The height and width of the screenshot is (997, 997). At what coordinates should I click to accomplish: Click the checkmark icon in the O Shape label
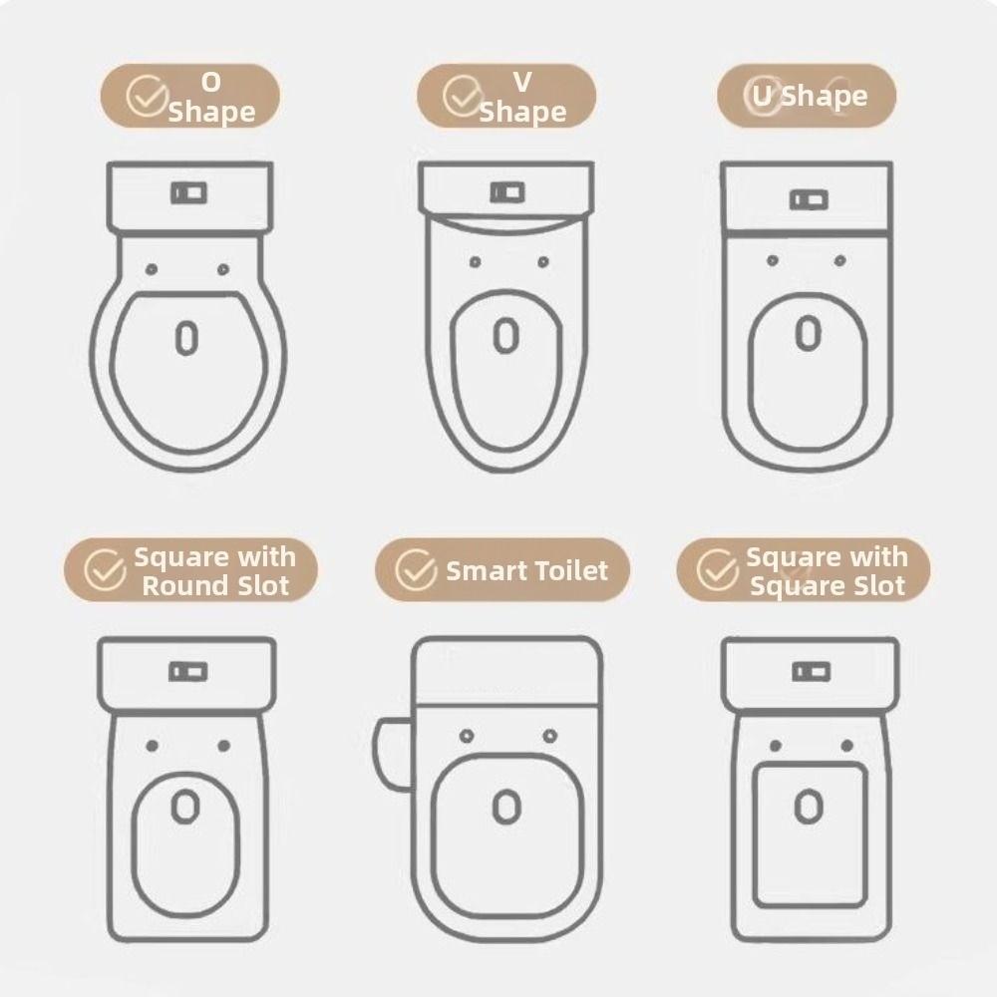pos(148,97)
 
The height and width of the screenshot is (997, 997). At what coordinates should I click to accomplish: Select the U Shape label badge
pos(807,96)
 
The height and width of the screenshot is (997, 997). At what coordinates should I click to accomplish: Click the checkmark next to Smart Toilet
pos(416,570)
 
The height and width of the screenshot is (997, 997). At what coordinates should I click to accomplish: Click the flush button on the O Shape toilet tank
pos(188,192)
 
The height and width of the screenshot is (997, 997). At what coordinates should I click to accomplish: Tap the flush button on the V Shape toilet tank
pos(506,191)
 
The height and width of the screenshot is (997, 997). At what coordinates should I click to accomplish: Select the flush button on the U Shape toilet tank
pos(808,200)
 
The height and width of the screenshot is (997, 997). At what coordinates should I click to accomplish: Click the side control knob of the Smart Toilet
pos(391,755)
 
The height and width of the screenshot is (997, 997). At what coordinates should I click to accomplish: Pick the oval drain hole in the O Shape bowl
pos(186,338)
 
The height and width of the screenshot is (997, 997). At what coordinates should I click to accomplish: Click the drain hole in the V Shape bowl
pos(506,336)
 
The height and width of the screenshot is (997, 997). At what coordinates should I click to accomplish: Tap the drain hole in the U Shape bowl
pos(808,333)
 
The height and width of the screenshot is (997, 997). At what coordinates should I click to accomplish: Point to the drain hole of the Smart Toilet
pos(506,806)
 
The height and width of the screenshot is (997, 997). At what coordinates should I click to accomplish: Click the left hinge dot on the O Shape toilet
pos(151,269)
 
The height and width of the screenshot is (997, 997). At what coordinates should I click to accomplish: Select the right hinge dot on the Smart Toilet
pos(549,736)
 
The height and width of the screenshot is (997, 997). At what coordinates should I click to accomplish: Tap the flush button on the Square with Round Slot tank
pos(187,672)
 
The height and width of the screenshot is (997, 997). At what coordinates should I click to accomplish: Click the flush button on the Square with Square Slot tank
pos(810,671)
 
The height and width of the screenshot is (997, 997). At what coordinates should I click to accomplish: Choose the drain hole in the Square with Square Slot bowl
pos(810,806)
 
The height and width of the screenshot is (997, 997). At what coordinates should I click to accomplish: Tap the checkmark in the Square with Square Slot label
pos(716,570)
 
